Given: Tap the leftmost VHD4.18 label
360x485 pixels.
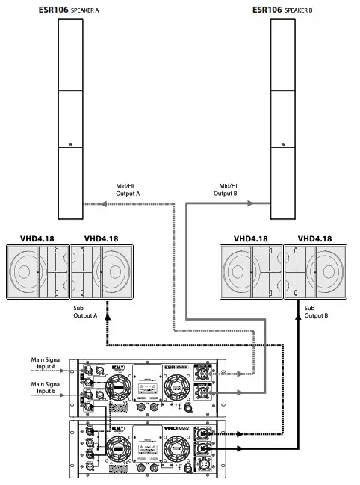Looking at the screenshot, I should pos(37,239).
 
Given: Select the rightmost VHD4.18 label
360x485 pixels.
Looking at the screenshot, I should pos(314,239).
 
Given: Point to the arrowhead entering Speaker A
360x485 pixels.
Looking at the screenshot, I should pos(84,203).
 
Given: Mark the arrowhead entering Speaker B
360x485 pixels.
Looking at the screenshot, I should pos(267,203).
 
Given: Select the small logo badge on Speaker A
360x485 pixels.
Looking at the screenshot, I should pos(69,146).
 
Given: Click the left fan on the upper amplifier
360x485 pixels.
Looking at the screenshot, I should pos(118,389).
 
